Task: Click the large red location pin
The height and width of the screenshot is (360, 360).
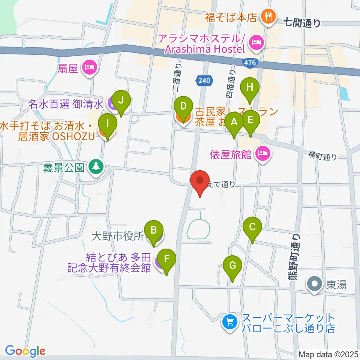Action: pos(200,181)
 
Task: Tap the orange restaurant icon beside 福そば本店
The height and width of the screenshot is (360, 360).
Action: pos(268,16)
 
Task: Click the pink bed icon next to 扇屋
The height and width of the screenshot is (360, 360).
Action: pos(90,67)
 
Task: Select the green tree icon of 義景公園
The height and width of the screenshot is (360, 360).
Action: pos(96,166)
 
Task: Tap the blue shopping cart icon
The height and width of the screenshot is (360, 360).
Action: pos(229,322)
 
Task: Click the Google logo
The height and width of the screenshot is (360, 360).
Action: pos(25,351)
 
